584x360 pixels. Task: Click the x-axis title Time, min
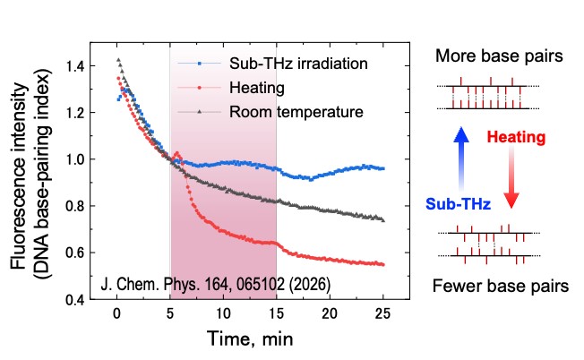[x=250, y=339]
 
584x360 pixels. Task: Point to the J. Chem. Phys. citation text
[x=216, y=284]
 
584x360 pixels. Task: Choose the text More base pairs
[x=499, y=56]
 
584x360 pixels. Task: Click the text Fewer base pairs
[x=499, y=287]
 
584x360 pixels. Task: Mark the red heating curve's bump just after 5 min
[x=177, y=153]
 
